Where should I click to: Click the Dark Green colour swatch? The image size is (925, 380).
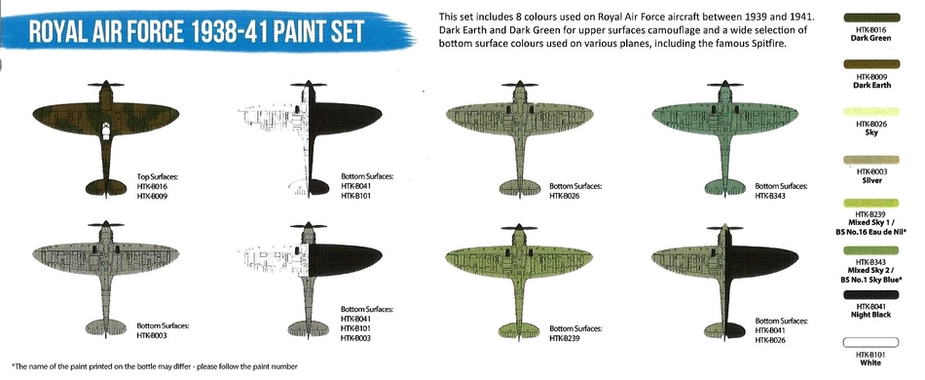pos(870,18)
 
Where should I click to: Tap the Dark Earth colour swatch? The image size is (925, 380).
pos(870,64)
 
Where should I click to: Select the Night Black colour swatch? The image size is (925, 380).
pos(870,294)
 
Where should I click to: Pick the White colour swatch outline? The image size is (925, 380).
pos(870,342)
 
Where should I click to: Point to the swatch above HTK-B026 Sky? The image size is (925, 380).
pos(870,112)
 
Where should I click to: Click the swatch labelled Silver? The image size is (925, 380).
pos(870,160)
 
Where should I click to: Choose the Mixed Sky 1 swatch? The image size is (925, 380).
pos(870,203)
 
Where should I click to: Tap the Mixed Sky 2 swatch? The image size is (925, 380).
pos(870,250)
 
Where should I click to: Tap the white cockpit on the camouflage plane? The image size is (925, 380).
pos(105,131)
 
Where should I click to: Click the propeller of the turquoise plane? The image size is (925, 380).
pos(724,85)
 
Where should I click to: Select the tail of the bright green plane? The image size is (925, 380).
pos(518,329)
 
